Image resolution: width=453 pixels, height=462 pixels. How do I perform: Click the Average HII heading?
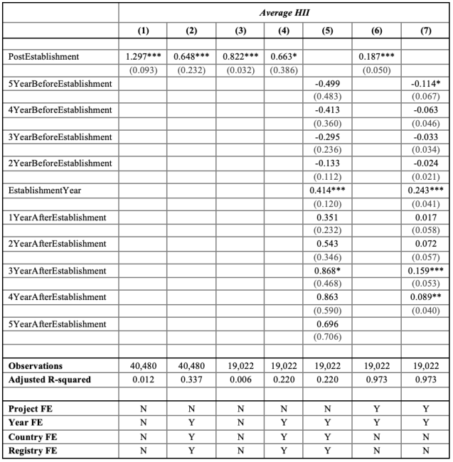(x=284, y=12)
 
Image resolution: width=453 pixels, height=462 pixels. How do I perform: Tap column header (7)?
(x=425, y=31)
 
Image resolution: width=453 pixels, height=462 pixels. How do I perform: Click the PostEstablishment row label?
(x=44, y=57)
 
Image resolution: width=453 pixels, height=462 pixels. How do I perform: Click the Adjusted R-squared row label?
(x=50, y=380)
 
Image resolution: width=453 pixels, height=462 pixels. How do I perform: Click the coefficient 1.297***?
(x=143, y=57)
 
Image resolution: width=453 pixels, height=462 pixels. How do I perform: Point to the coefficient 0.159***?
(x=425, y=271)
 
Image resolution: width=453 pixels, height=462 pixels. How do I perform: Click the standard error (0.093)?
(x=143, y=70)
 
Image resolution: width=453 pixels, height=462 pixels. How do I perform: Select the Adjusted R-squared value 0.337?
(x=190, y=380)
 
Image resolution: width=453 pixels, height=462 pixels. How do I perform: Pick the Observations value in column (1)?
(x=143, y=365)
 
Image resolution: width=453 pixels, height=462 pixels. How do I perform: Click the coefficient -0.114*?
(x=425, y=84)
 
